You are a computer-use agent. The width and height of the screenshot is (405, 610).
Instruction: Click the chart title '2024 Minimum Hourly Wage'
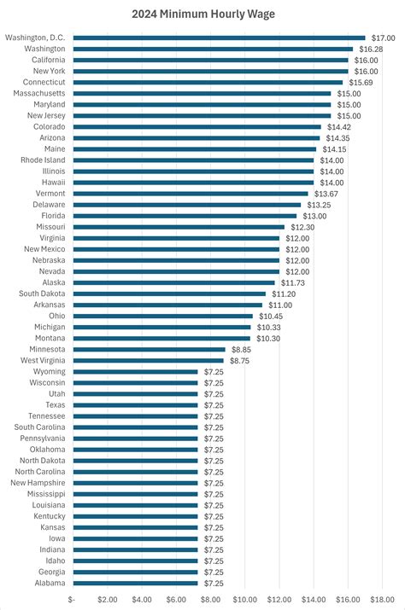[202, 14]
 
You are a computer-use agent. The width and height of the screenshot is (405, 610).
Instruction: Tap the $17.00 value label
[383, 38]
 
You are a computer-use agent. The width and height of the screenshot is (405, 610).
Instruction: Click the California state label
[49, 61]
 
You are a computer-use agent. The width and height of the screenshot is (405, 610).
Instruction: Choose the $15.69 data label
[361, 83]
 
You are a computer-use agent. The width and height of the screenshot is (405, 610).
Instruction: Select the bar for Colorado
[197, 127]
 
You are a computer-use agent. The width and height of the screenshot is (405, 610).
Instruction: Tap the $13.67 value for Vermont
[326, 194]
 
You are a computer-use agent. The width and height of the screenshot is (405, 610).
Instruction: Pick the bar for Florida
[185, 216]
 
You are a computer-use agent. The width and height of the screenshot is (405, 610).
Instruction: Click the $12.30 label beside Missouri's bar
[302, 227]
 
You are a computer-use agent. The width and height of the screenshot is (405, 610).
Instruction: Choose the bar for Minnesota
[149, 349]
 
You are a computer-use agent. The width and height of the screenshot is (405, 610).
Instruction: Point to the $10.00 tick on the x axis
[244, 599]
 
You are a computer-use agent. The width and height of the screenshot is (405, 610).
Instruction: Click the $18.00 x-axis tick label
[382, 599]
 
